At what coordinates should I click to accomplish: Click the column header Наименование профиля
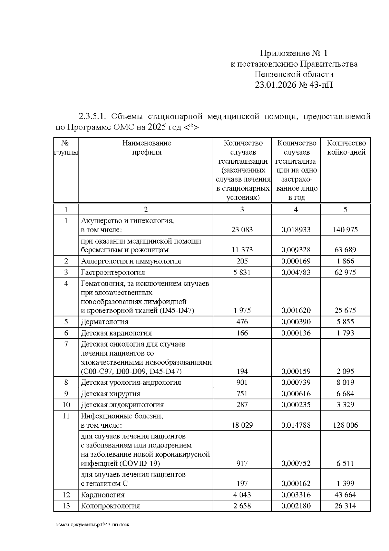[147, 147]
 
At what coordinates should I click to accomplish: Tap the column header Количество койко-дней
[346, 147]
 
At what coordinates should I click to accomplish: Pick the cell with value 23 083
[242, 230]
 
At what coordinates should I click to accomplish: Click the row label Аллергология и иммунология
[131, 261]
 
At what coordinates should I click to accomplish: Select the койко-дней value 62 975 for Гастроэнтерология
[345, 272]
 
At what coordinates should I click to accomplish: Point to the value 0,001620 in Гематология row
[296, 310]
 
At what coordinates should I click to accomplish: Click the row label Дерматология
[105, 322]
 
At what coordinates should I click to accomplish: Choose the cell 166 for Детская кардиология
[242, 333]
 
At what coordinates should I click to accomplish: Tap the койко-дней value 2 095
[345, 371]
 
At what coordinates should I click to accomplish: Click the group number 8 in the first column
[66, 382]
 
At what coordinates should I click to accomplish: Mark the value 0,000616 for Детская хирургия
[296, 394]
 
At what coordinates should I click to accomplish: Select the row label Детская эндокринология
[122, 405]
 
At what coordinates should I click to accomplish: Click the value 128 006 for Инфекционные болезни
[345, 425]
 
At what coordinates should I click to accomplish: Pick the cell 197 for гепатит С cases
[242, 483]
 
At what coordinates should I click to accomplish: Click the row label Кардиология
[103, 495]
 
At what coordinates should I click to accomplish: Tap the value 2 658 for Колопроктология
[242, 506]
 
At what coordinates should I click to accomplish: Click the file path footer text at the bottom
[92, 525]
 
